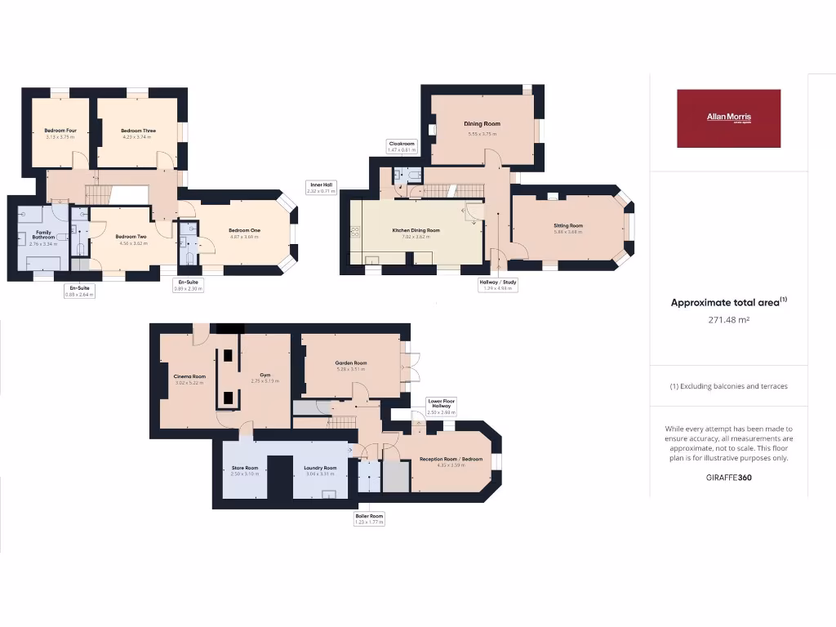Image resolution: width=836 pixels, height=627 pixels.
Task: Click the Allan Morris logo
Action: [728, 118]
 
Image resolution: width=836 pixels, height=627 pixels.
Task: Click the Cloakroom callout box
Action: [402, 146]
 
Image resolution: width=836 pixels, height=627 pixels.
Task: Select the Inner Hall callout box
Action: [321, 187]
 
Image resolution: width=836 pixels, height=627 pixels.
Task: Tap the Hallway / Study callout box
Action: [497, 285]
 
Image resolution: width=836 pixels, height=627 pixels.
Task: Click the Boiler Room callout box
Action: [369, 519]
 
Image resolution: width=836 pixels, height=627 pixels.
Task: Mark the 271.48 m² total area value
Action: [728, 320]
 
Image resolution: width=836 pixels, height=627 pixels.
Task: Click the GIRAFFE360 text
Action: [728, 478]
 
